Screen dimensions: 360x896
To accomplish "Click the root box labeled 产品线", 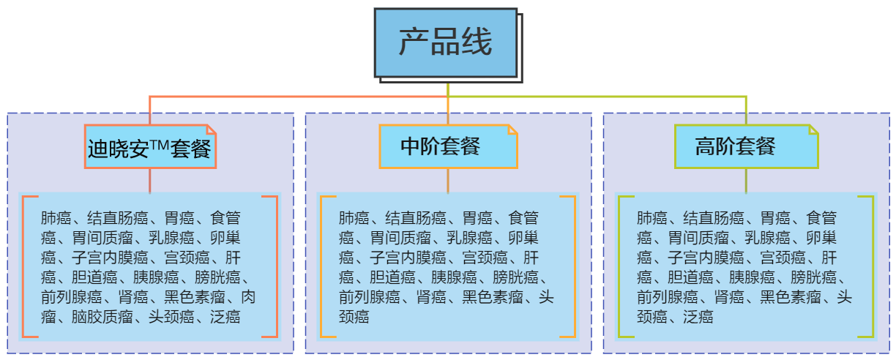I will (x=445, y=42).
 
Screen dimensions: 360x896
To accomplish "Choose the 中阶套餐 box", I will (x=448, y=146).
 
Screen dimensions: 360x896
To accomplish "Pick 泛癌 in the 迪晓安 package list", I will (x=225, y=317).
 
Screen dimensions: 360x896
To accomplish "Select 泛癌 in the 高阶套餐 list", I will (x=698, y=317).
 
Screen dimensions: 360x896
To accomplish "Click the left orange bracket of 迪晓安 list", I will (x=23, y=266).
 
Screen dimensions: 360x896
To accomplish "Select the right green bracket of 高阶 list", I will (x=872, y=266).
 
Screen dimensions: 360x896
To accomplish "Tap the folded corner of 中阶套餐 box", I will (x=512, y=130).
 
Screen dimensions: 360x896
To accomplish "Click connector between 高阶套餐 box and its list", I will (x=746, y=181).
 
